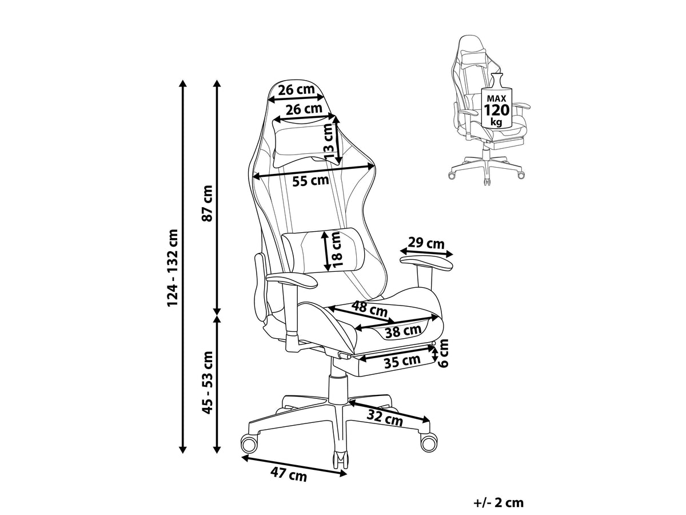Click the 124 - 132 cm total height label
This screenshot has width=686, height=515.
pyautogui.click(x=173, y=267)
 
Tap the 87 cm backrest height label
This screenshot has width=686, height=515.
pyautogui.click(x=207, y=203)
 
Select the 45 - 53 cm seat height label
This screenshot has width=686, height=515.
pyautogui.click(x=207, y=382)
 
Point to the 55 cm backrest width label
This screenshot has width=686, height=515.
pyautogui.click(x=310, y=180)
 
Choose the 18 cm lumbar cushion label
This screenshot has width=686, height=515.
pyautogui.click(x=338, y=249)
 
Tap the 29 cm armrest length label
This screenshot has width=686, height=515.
pyautogui.click(x=426, y=243)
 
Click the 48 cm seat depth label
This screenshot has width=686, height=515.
pyautogui.click(x=369, y=309)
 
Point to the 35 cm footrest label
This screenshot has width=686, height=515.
pyautogui.click(x=402, y=362)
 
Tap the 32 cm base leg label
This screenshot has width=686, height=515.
pyautogui.click(x=385, y=418)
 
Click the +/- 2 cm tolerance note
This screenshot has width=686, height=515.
pyautogui.click(x=498, y=502)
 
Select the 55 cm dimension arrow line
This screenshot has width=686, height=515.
pyautogui.click(x=313, y=171)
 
